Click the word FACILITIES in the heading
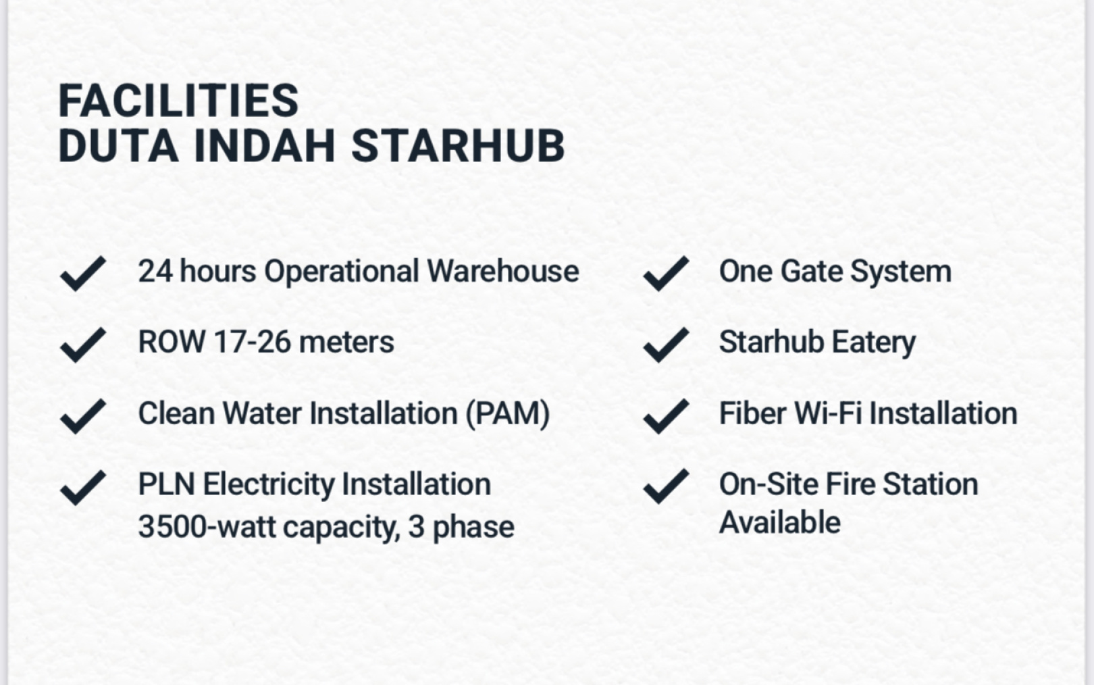(178, 101)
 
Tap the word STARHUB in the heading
(458, 146)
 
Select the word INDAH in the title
(265, 146)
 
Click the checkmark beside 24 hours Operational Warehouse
(83, 273)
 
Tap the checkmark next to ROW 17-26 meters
(83, 345)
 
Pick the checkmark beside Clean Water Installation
(83, 415)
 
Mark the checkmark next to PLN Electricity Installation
(83, 487)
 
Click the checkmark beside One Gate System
(667, 273)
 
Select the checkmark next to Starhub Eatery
(667, 345)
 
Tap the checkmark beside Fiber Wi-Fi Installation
(667, 415)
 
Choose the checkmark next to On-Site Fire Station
(667, 486)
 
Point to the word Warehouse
(503, 271)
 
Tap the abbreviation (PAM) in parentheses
(508, 414)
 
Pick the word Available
(780, 522)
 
